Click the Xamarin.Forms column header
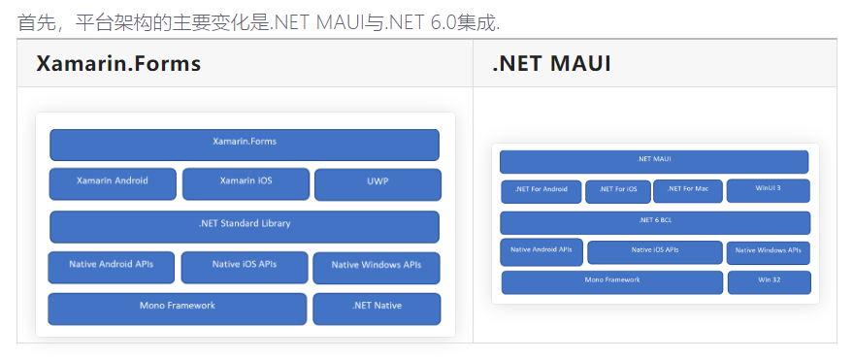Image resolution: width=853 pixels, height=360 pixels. pos(118,64)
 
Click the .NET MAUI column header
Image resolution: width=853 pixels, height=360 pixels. pos(551,64)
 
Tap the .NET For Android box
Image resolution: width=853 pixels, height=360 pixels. pos(541,191)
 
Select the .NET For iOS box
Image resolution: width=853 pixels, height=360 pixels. pos(617,191)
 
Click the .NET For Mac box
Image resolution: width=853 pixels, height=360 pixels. pos(688,191)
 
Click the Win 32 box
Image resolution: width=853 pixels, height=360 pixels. pos(768,282)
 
